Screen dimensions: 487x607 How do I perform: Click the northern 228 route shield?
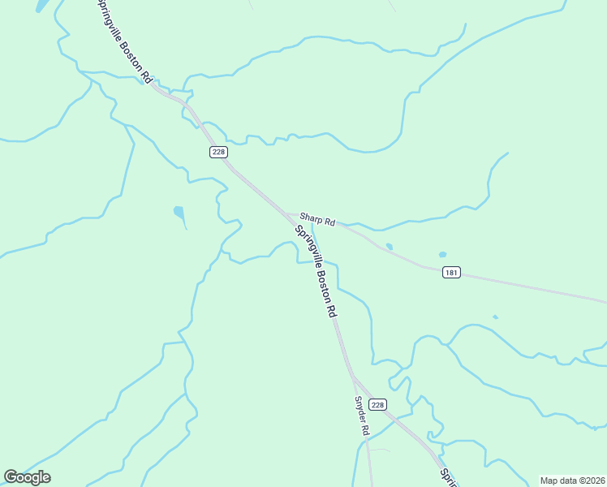[x=217, y=152]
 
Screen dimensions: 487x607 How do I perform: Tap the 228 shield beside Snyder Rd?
[x=377, y=404]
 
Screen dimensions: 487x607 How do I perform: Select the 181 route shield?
[x=452, y=273]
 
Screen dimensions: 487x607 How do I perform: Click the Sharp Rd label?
[x=317, y=219]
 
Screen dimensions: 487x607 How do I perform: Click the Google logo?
[x=27, y=477]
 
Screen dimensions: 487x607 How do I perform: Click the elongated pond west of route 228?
[x=179, y=216]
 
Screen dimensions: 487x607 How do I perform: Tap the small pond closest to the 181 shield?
[x=442, y=255]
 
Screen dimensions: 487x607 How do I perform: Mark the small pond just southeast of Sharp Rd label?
[x=390, y=247]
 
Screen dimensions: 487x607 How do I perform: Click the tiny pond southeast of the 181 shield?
[x=495, y=317]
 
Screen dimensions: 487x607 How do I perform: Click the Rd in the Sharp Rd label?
[x=329, y=222]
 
